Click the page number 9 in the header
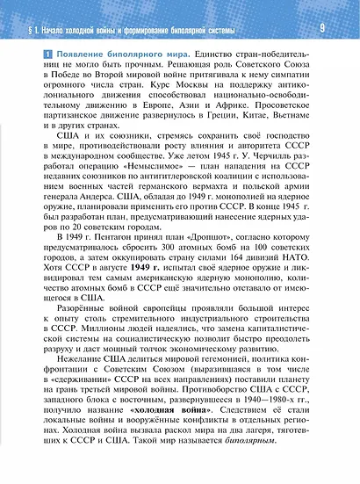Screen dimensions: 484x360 click(x=322, y=28)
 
